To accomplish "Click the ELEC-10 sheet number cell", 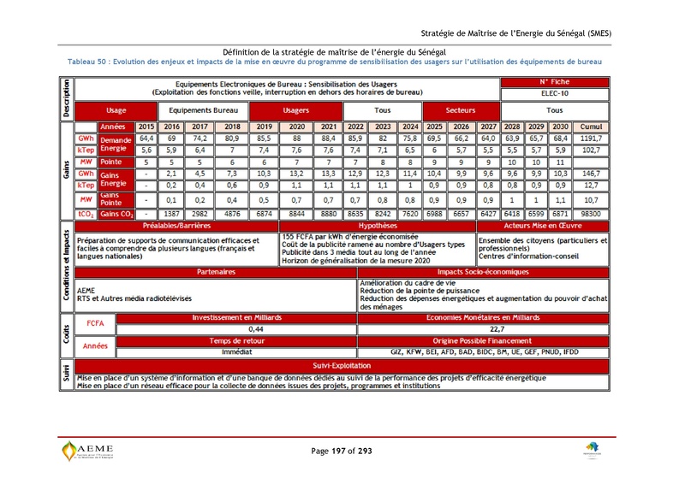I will (x=554, y=92).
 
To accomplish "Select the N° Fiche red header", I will (x=554, y=82).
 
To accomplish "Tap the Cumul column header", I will (x=591, y=127).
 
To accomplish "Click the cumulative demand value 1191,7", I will (x=591, y=138).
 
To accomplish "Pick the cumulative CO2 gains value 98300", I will (x=591, y=214).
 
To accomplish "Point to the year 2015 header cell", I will (x=146, y=127).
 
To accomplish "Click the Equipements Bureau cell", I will (x=203, y=110).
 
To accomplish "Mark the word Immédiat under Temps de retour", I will (x=236, y=351).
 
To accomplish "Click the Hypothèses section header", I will (x=377, y=227).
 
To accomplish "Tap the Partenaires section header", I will (x=216, y=271).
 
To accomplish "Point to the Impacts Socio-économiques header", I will (x=485, y=271).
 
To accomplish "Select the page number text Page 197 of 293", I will (x=342, y=451).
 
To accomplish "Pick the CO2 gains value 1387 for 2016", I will (x=170, y=214).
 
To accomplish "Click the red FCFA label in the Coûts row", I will (x=95, y=324).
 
